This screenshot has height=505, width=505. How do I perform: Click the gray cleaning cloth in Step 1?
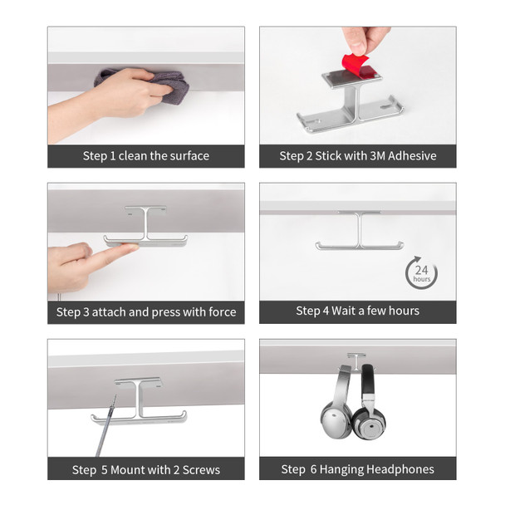170,85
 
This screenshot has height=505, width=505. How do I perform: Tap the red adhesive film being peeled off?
355,66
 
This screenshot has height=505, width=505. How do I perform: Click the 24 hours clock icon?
421,273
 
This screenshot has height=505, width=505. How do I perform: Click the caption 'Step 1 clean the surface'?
145,155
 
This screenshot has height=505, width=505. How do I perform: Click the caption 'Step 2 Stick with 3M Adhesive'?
357,155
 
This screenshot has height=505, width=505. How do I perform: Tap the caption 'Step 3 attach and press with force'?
145,312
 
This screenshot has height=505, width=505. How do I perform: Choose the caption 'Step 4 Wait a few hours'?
357,311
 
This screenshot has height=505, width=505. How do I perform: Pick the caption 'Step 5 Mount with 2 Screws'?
145,469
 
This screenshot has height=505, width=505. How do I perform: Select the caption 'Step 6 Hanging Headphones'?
357,469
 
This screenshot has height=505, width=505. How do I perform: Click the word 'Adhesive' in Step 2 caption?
410,155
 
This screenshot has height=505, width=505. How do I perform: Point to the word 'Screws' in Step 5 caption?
201,469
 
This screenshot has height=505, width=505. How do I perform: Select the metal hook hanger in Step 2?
350,104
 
